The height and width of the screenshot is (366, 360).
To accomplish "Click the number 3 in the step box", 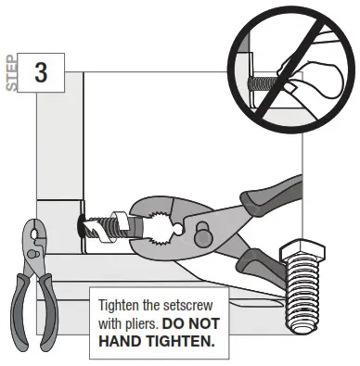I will coord(41,73).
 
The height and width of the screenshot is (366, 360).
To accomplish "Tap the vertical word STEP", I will coord(12,75).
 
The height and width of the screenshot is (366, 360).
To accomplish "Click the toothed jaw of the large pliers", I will coord(158,221).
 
